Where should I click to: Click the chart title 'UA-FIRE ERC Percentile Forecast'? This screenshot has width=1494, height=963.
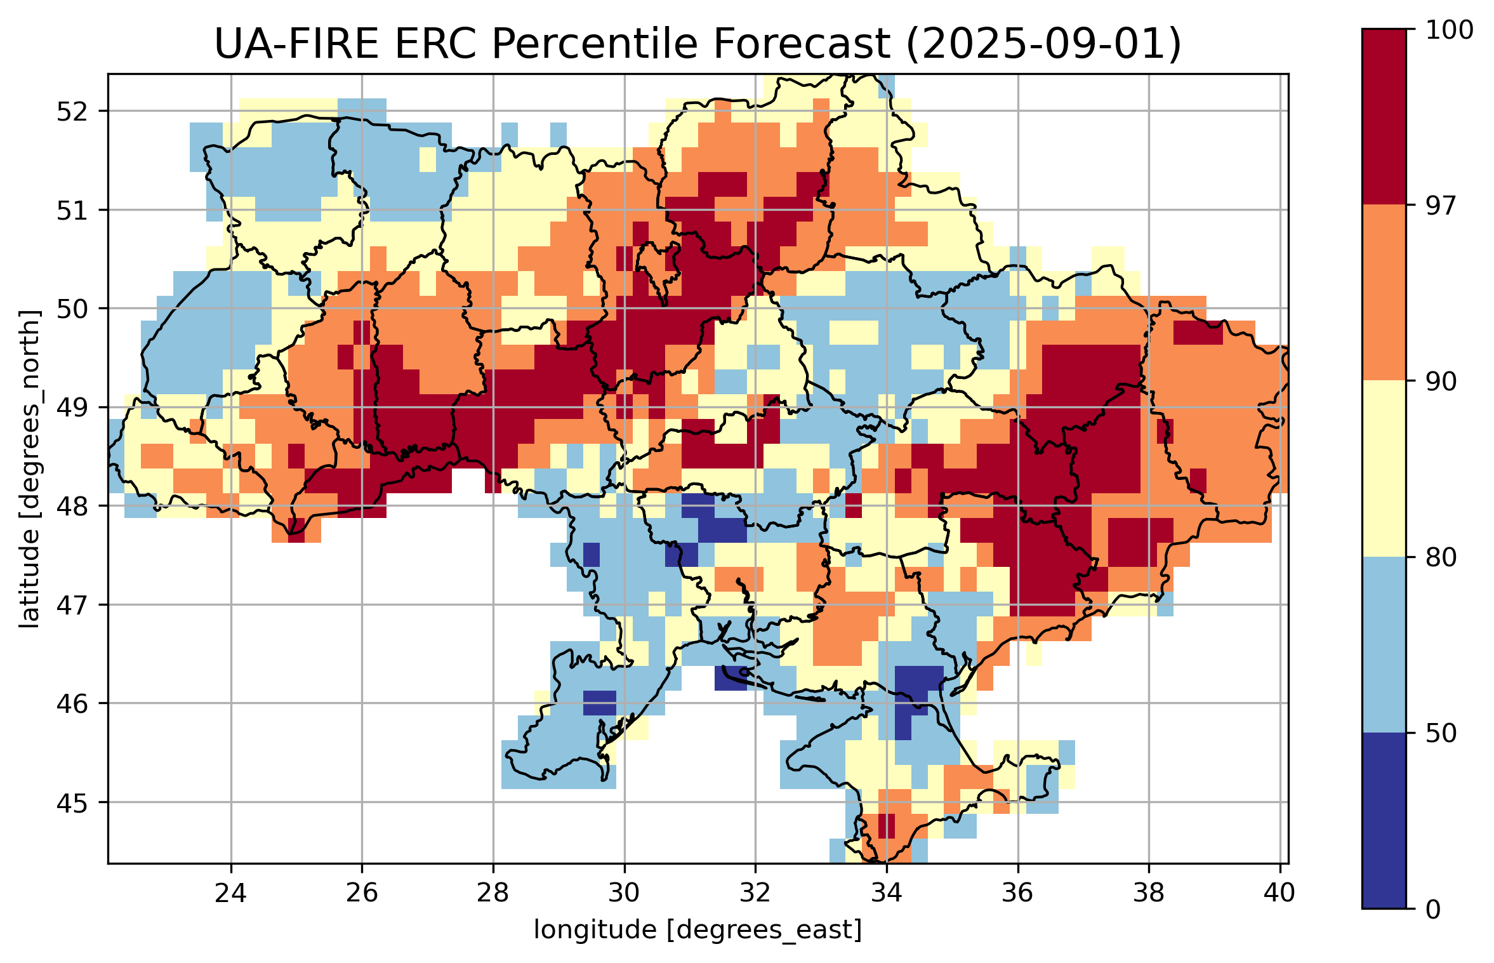552,44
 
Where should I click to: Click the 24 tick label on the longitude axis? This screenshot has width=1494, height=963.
230,893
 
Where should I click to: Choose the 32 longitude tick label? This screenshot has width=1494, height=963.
755,893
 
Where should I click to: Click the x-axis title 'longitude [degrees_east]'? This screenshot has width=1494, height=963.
697,930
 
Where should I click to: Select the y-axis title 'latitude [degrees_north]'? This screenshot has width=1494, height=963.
29,469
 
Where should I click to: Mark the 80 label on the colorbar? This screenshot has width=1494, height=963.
1440,557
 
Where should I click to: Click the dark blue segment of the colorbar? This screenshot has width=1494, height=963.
1384,820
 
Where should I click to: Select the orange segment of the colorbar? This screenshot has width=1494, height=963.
1384,292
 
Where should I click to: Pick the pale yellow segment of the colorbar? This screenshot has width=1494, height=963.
1384,468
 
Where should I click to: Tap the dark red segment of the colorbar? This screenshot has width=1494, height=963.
1384,117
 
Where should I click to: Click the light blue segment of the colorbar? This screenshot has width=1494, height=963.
1384,644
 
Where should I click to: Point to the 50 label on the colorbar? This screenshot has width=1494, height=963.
1440,733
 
